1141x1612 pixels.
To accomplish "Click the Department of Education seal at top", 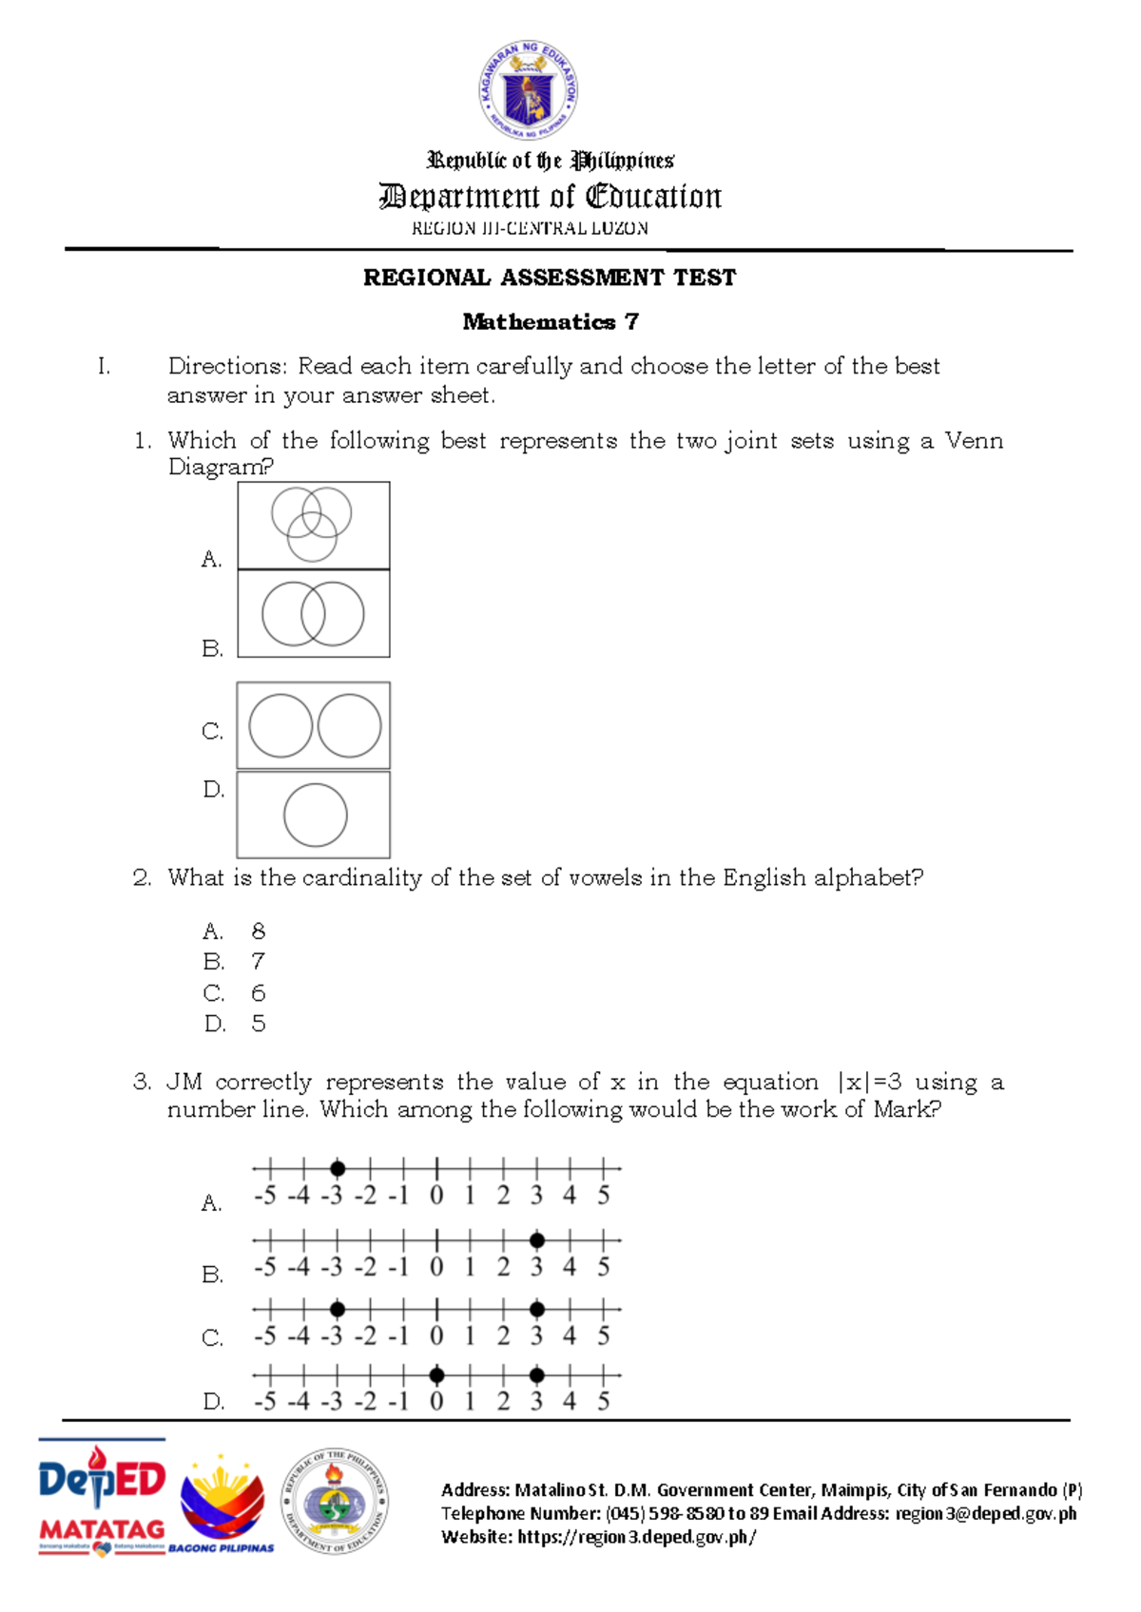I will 528,91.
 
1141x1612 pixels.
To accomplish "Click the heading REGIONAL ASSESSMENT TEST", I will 550,278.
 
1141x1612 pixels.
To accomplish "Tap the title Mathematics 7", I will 550,322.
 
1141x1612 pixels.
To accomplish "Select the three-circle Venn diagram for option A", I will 313,525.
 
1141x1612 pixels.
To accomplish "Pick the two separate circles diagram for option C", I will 314,725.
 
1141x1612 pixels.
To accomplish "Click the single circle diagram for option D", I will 315,816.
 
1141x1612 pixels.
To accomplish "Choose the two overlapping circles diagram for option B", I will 313,614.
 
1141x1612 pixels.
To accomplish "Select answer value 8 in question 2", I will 258,931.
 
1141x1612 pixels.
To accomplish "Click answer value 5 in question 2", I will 258,1024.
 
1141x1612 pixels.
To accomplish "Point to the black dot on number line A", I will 338,1168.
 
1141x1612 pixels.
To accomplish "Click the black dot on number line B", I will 537,1240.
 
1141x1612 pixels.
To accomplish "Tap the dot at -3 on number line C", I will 338,1310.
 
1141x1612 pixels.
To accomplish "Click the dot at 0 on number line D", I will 436,1374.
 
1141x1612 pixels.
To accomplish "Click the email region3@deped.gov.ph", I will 985,1514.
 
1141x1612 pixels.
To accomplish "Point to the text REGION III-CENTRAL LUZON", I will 530,228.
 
